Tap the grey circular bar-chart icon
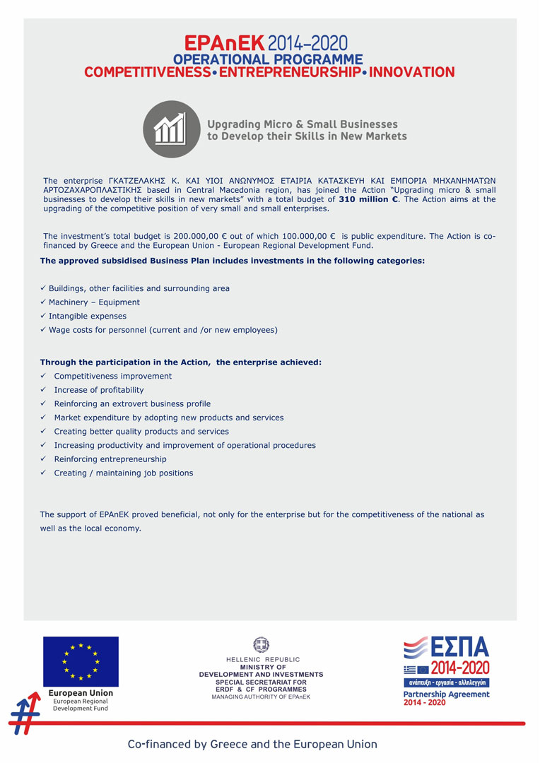pos(172,129)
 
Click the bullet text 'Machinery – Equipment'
pos(94,302)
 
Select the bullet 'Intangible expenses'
pos(88,316)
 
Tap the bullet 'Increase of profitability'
pos(99,390)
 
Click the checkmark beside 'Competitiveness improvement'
pos(44,376)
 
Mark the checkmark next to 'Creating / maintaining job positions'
pos(44,473)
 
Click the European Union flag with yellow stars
pos(81,661)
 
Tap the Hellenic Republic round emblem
pos(261,644)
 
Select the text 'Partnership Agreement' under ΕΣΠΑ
pos(446,694)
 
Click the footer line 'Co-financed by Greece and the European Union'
pos(252,744)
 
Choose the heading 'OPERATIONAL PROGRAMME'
pos(268,59)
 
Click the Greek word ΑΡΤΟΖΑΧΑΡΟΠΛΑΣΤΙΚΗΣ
pos(93,190)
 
